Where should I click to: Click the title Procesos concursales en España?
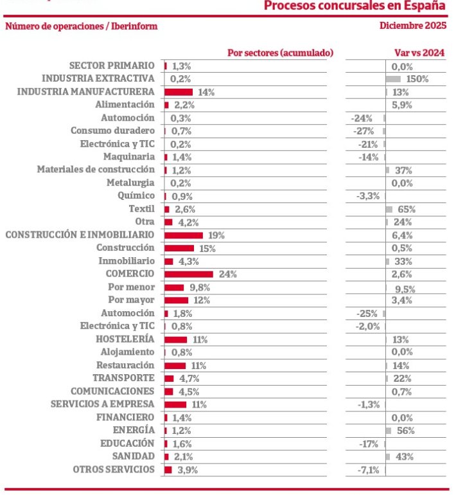point(355,6)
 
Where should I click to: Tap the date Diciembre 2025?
point(413,26)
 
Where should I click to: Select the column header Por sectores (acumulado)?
point(281,53)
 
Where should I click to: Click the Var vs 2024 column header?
point(419,53)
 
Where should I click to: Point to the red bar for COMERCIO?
point(189,274)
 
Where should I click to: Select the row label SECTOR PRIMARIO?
point(112,66)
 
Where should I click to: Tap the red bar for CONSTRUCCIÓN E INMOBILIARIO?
point(184,235)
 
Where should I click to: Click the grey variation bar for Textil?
point(389,209)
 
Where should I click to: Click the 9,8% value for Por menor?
point(200,287)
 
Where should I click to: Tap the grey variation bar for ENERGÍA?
point(389,430)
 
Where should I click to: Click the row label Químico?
point(136,195)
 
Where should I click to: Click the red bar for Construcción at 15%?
point(179,248)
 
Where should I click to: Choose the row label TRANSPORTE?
point(123,378)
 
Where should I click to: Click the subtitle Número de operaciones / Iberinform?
point(81,26)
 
